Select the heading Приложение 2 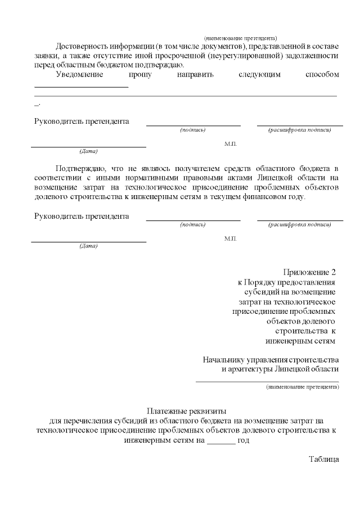point(312,272)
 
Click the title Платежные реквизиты point(186,411)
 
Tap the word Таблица point(323,459)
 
